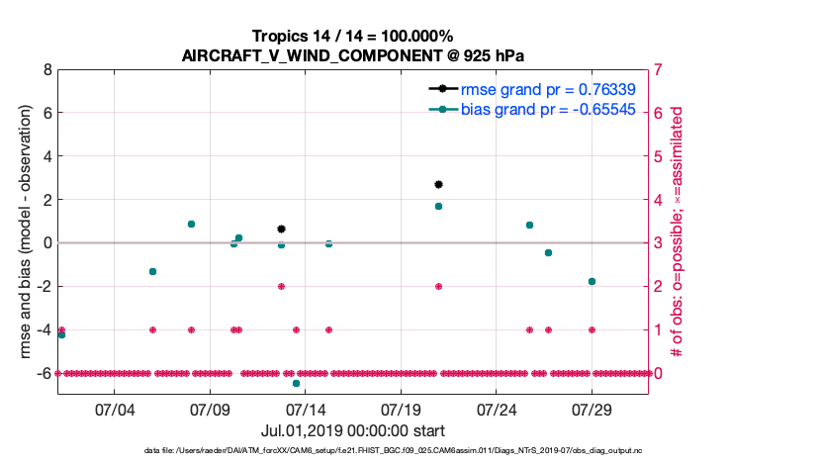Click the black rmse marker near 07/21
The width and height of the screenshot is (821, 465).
point(438,184)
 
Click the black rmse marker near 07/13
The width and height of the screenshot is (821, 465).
point(281,229)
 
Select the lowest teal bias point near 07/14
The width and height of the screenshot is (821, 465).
point(296,383)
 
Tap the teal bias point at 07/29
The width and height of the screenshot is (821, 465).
point(592,281)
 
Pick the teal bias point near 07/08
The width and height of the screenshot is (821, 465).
point(191,224)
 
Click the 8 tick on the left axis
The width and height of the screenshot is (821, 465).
point(46,70)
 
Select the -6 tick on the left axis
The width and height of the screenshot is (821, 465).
point(43,373)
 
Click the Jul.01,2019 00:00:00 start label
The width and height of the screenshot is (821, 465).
point(352,430)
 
